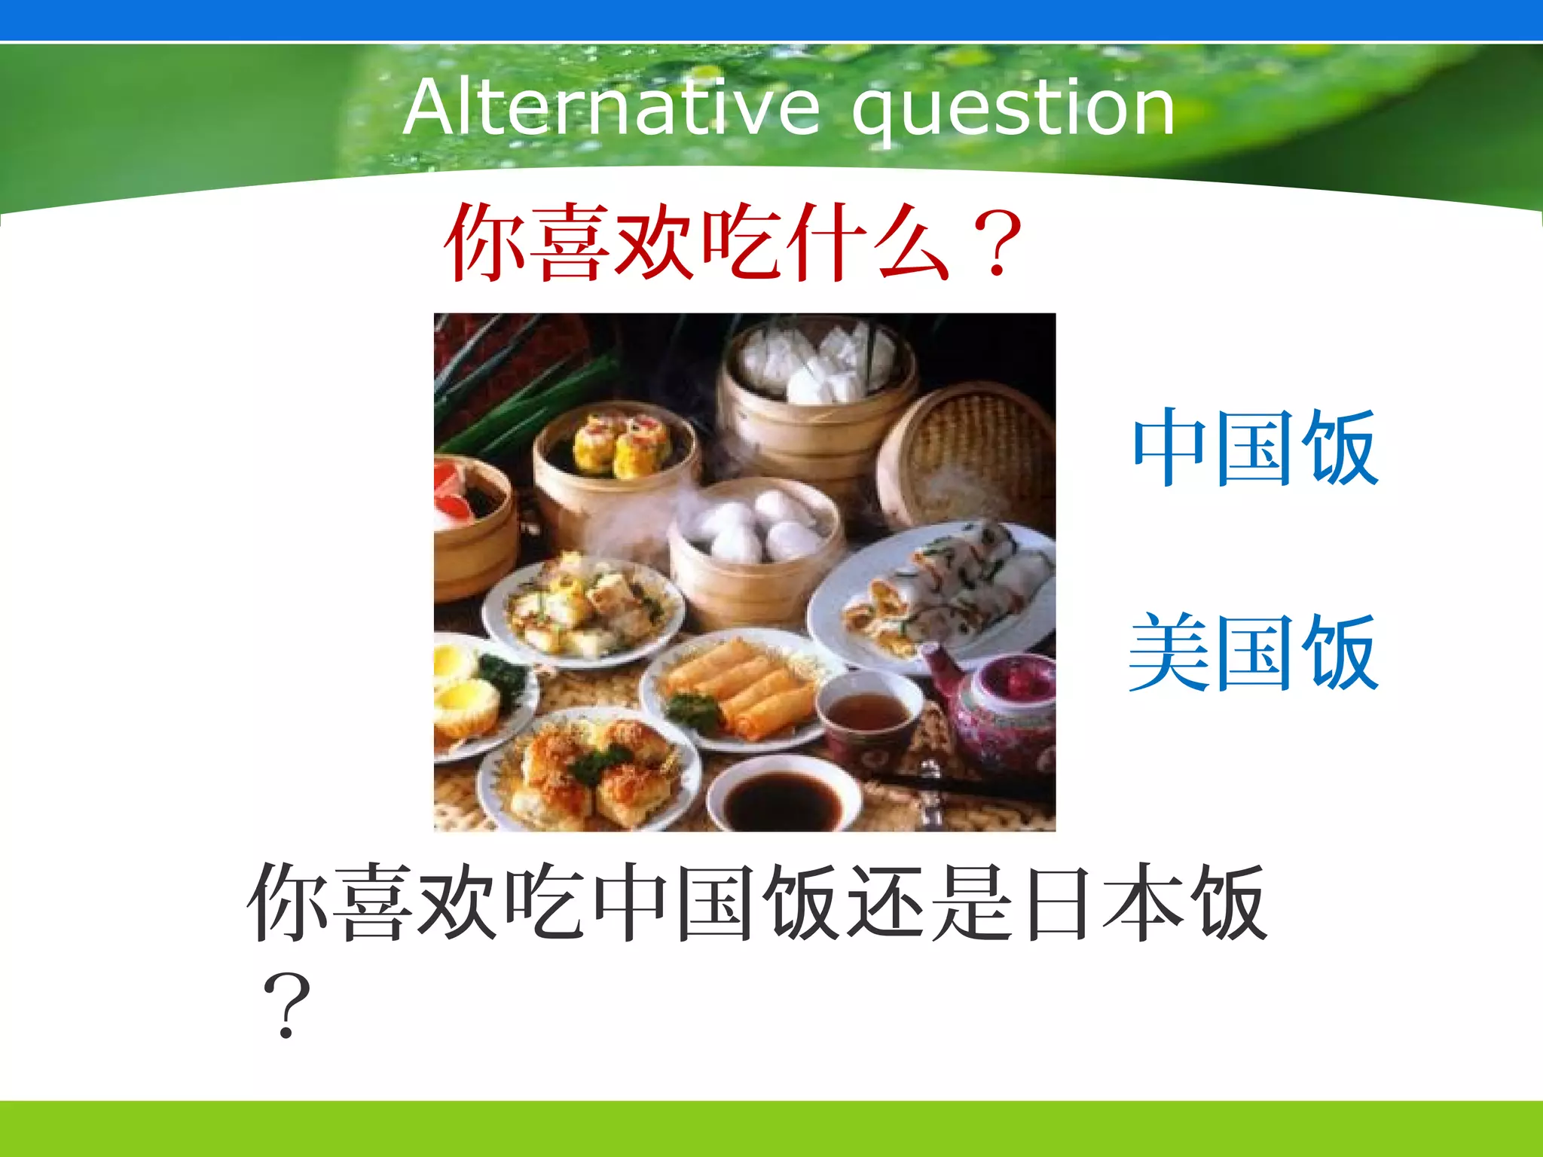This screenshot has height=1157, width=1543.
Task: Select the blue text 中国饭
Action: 1255,447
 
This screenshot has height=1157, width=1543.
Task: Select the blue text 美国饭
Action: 1254,652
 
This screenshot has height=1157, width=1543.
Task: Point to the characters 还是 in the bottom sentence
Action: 931,902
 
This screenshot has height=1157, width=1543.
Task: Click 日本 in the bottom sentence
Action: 1099,902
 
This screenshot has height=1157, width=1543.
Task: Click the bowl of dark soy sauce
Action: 784,795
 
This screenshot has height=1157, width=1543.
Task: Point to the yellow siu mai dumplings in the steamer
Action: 622,444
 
